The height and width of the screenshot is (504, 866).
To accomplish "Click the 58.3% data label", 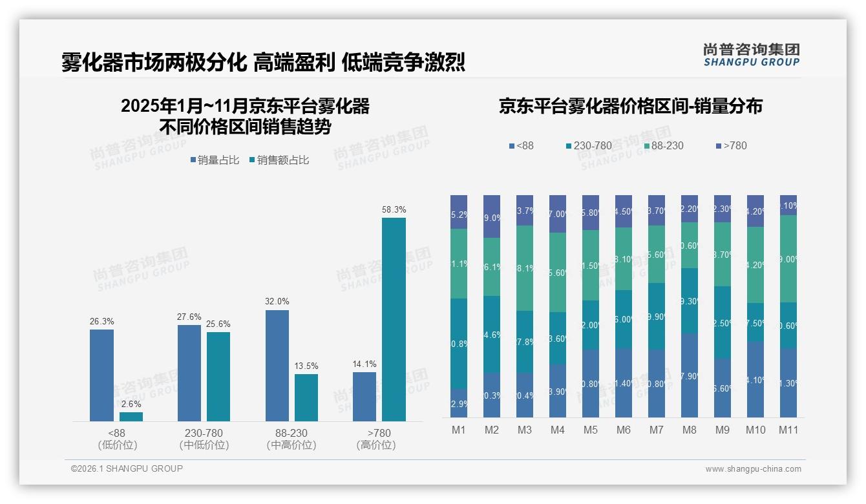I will [x=394, y=210].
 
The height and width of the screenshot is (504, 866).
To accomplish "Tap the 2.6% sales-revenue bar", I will [x=131, y=417].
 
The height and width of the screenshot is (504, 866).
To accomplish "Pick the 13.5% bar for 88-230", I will [x=306, y=397].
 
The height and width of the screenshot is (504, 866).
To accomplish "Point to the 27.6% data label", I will [x=189, y=317].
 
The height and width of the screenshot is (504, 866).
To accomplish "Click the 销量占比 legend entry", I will [x=216, y=160].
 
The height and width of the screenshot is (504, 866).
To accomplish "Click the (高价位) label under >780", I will [x=375, y=445].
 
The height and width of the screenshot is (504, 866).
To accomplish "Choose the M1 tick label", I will [x=458, y=430].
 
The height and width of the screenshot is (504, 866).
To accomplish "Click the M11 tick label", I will [x=788, y=430].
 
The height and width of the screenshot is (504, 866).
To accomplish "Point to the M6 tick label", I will [x=623, y=430].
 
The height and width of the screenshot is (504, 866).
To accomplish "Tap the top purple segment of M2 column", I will [x=492, y=216].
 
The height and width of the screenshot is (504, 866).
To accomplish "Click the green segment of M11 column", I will [x=788, y=258].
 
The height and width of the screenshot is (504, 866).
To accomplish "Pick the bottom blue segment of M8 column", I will [x=689, y=375].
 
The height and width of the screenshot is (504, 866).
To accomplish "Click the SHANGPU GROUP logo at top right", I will [x=751, y=54].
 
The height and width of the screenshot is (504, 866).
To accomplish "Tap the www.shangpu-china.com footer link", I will [x=753, y=469].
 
